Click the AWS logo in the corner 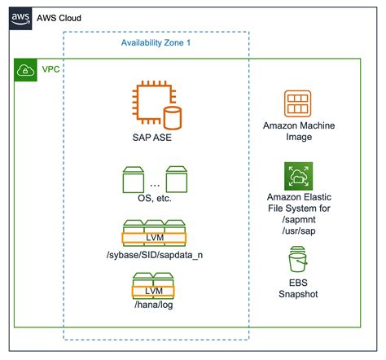[20, 17]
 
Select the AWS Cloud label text [59, 18]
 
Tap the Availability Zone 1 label [156, 42]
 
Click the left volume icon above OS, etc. [131, 177]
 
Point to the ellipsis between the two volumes [154, 182]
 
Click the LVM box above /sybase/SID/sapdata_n [154, 239]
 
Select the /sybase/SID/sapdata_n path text [154, 257]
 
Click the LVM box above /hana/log [153, 291]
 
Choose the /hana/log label [153, 307]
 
